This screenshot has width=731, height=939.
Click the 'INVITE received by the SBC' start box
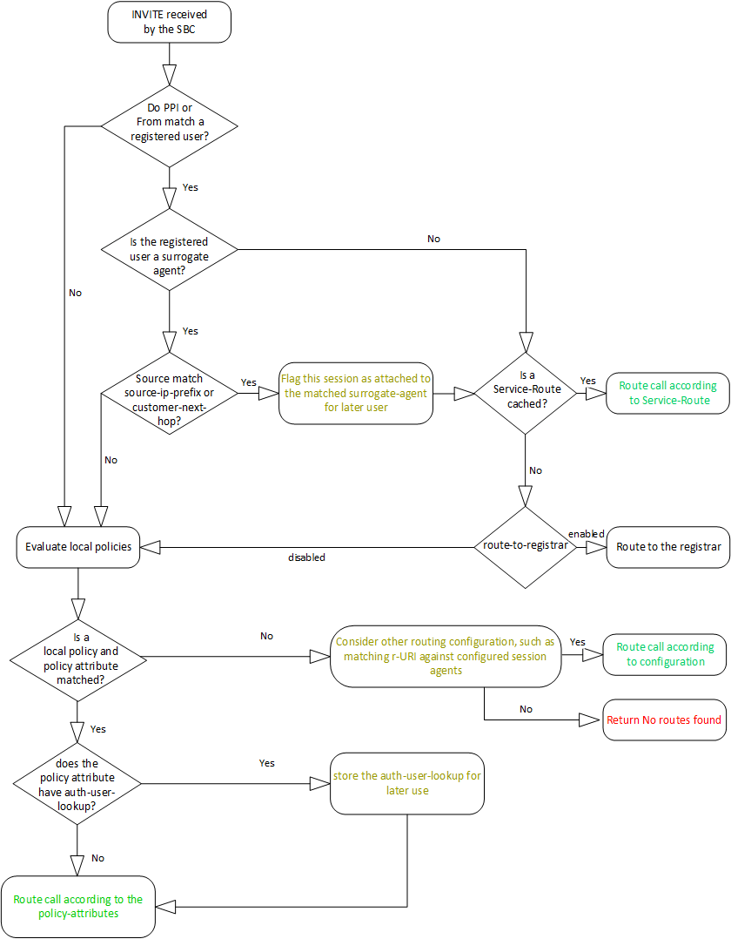pos(170,22)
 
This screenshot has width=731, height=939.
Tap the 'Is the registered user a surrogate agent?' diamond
pos(170,253)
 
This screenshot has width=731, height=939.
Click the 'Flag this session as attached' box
pos(356,393)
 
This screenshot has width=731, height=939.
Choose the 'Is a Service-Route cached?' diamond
pos(526,393)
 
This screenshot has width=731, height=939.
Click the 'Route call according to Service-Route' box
pos(667,393)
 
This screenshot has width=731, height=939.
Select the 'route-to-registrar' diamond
pos(526,547)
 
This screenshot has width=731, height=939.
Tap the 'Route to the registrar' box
pos(667,547)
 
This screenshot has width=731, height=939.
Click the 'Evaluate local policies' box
pos(78,547)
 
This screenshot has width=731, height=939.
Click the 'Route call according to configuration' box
pos(665,654)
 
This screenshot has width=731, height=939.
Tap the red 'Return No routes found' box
pos(665,719)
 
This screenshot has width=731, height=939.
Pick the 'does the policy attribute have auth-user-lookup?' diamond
pos(78,784)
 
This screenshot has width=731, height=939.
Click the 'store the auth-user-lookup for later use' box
pos(407,783)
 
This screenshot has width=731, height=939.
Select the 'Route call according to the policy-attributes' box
pos(78,906)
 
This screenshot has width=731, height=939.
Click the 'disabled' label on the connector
pos(306,557)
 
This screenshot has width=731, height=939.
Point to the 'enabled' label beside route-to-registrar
pos(586,533)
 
